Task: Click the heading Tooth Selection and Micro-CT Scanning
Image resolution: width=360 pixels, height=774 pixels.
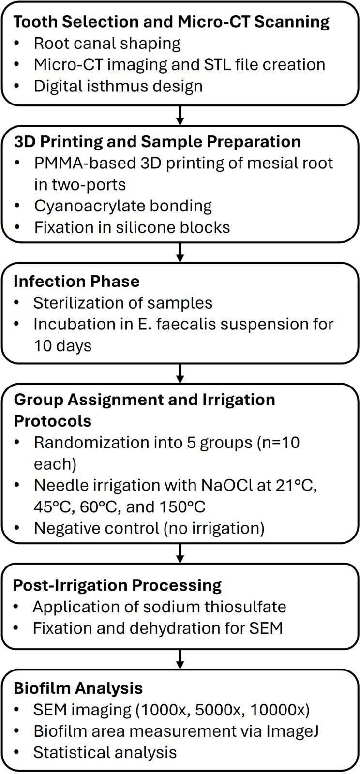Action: pyautogui.click(x=171, y=22)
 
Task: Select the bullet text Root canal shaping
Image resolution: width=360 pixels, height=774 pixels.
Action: pyautogui.click(x=107, y=44)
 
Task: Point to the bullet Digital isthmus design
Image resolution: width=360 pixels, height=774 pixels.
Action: pyautogui.click(x=118, y=86)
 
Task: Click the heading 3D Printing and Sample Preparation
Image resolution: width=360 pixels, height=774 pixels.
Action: pyautogui.click(x=157, y=142)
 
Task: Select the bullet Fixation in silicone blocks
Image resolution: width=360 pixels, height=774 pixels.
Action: pyautogui.click(x=132, y=227)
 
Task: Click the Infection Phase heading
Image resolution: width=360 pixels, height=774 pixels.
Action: pyautogui.click(x=76, y=282)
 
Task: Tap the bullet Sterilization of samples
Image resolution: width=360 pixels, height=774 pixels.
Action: pyautogui.click(x=123, y=303)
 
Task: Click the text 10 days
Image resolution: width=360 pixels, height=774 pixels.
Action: pyautogui.click(x=62, y=345)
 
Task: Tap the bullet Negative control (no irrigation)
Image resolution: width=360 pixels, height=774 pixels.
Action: pyautogui.click(x=149, y=528)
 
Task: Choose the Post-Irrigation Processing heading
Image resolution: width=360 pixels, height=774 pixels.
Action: pyautogui.click(x=117, y=585)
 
